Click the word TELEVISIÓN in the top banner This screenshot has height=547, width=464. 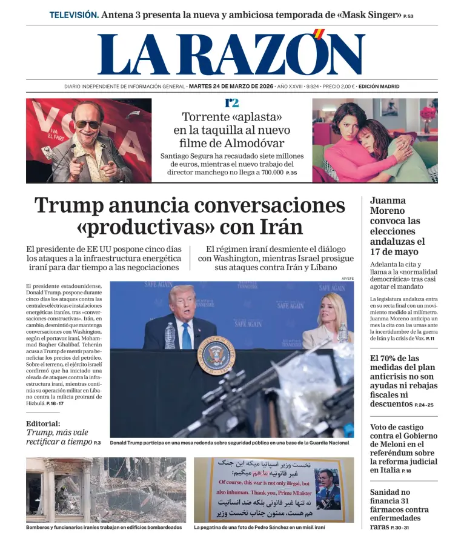[74, 15]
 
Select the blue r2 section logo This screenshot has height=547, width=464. [231, 103]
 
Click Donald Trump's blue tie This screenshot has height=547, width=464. [187, 335]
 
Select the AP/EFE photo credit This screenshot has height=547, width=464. [347, 278]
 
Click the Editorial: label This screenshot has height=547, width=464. [43, 423]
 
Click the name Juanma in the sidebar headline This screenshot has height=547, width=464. [388, 201]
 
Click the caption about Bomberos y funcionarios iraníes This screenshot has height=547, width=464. [104, 527]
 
